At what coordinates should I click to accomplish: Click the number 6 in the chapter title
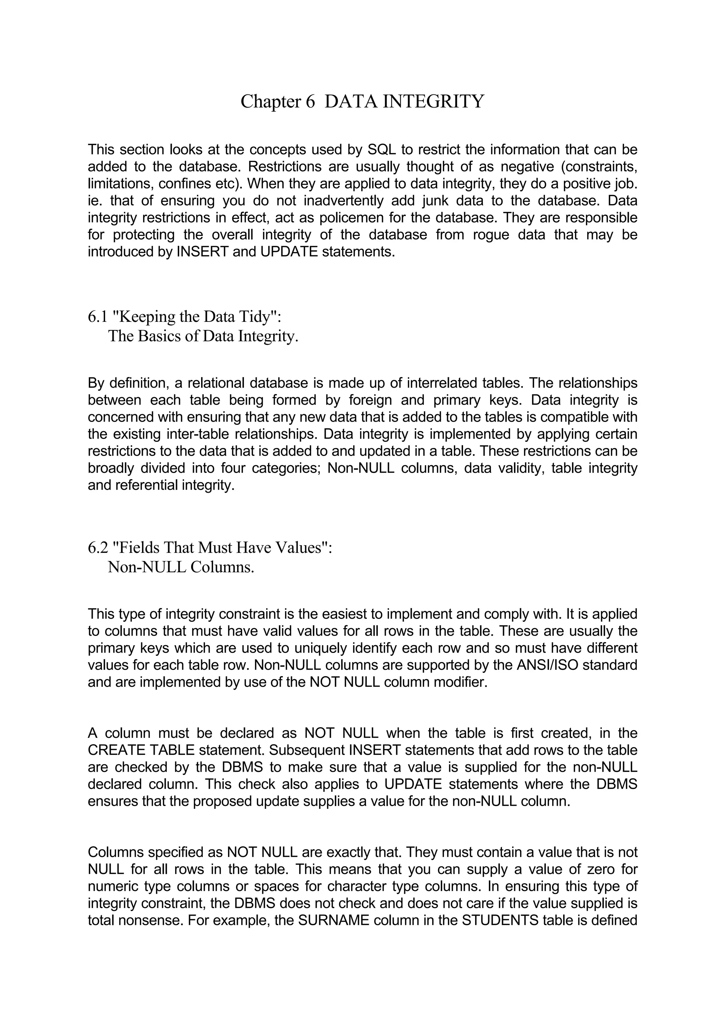tap(310, 102)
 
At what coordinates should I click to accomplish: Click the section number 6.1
tap(98, 317)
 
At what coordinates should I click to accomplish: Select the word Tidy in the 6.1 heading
tap(254, 317)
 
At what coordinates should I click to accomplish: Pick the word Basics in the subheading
tap(159, 336)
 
